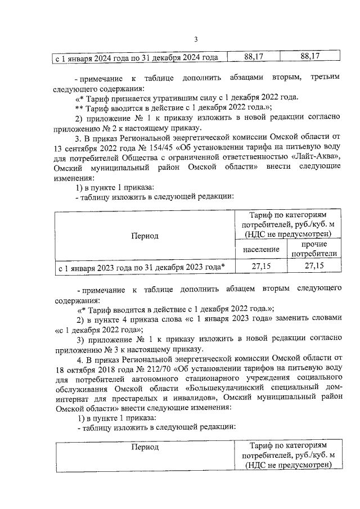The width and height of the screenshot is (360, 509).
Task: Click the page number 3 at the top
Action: click(195, 39)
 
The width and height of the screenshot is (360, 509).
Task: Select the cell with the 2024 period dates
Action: click(136, 57)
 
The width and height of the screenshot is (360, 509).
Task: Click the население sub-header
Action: click(260, 248)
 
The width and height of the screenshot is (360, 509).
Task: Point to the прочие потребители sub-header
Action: click(314, 249)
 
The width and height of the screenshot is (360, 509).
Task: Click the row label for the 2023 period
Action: click(142, 267)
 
